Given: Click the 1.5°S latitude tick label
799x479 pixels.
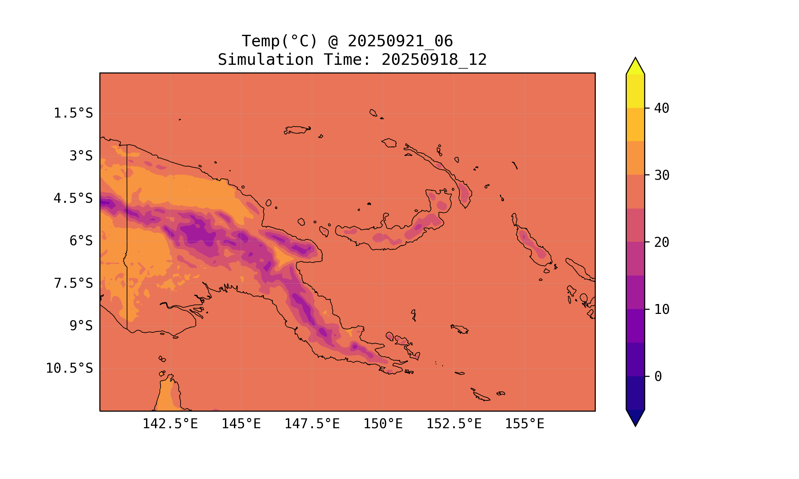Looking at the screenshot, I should click(73, 113).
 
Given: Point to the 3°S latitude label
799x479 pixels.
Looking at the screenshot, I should click(81, 156).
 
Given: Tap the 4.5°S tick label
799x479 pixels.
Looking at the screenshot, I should click(73, 199).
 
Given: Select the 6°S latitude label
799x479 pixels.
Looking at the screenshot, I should click(81, 241).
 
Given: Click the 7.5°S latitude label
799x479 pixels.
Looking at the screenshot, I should click(73, 283).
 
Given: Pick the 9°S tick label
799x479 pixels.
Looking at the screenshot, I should click(81, 326).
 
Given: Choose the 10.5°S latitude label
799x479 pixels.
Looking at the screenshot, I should click(69, 368).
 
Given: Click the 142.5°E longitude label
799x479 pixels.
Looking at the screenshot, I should click(170, 424).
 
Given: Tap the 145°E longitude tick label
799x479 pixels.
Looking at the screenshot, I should click(241, 424).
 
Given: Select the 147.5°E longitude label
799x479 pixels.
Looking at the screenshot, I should click(312, 424).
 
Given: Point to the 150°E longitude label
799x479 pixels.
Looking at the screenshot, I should click(383, 424).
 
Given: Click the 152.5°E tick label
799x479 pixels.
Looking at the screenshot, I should click(454, 424).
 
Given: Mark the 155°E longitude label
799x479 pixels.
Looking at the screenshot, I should click(524, 424).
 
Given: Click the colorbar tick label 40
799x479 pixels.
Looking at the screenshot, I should click(662, 109).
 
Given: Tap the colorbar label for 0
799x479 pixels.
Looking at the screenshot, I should click(658, 376).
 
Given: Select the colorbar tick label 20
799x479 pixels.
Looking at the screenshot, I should click(662, 242).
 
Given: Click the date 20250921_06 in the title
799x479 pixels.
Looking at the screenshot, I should click(400, 41).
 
